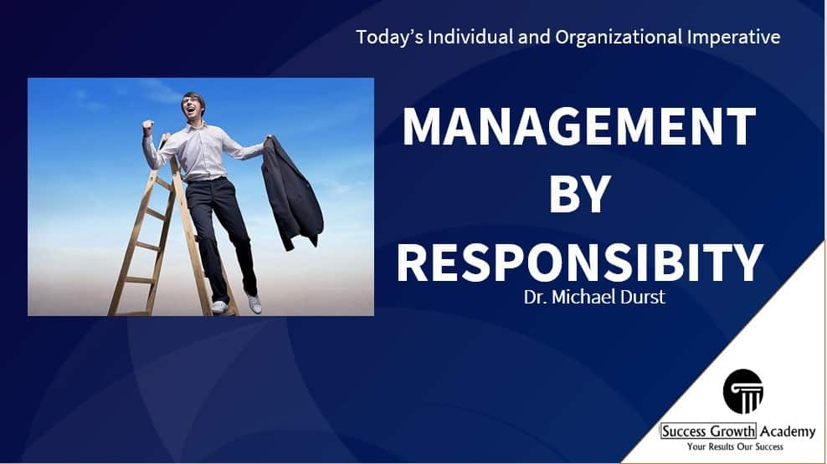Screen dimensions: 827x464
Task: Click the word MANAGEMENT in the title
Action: pos(579,126)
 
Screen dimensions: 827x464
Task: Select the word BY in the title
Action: pos(580,194)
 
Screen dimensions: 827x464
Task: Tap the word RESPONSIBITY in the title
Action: pos(579,263)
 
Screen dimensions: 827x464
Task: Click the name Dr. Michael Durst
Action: pos(594,297)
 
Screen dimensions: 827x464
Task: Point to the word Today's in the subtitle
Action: pos(389,38)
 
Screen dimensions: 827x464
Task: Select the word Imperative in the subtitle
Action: pos(733,38)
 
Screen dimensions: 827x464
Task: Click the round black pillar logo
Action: pos(743,391)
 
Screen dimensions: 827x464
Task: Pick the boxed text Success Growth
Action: pos(708,431)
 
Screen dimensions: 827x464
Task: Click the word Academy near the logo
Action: pos(788,431)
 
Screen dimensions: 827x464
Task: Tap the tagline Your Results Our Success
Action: pos(735,447)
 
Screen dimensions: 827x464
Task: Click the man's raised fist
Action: pos(148,127)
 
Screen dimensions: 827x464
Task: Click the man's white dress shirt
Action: pos(203,151)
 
